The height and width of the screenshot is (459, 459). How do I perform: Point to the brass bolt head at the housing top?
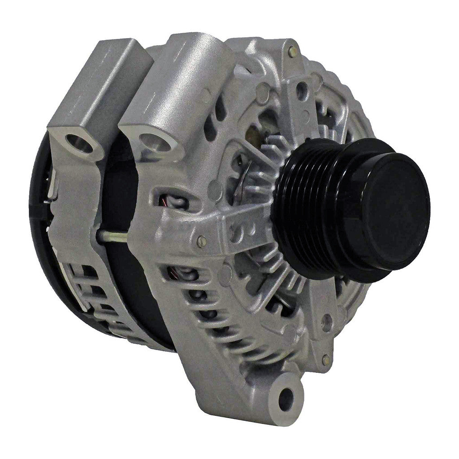(292, 51)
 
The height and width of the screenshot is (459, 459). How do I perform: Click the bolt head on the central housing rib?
(202, 241)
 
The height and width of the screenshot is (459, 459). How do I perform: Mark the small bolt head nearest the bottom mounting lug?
(326, 359)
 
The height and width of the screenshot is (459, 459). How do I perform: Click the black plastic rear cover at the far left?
(38, 224)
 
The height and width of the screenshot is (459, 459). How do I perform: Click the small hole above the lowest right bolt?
(327, 321)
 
